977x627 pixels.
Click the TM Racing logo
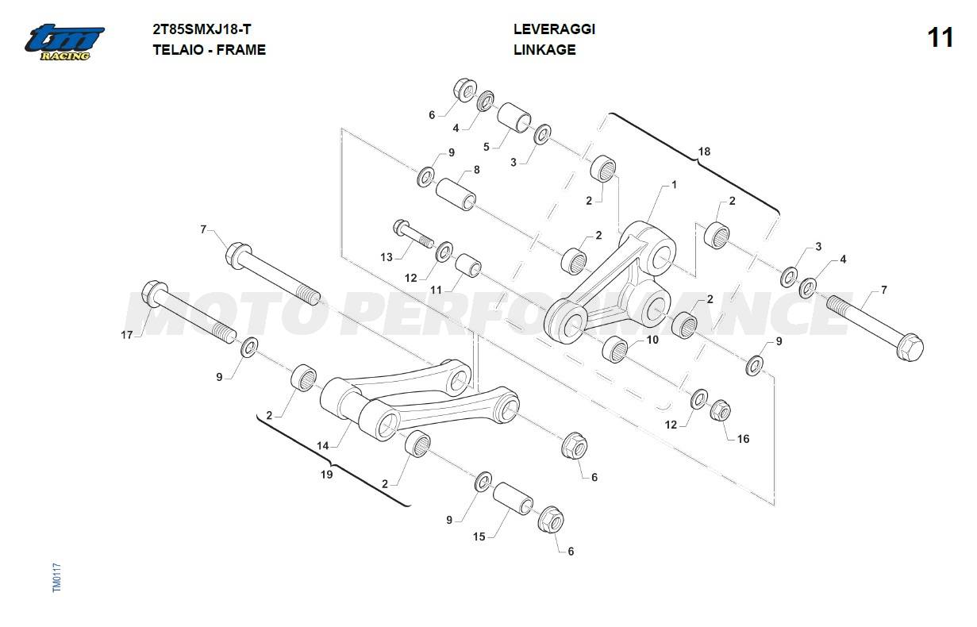pos(64,41)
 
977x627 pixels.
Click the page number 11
pos(940,37)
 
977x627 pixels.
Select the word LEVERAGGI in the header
pos(554,29)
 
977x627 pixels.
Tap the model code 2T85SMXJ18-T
pos(202,29)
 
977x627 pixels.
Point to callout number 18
pos(704,151)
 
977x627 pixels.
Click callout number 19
pos(326,475)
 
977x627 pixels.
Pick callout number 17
pos(127,334)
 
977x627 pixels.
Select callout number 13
pos(387,257)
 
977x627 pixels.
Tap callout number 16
pos(743,438)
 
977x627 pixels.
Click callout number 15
pos(479,537)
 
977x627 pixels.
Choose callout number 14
pos(323,446)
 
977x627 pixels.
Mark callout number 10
pos(652,340)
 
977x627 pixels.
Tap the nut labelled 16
pos(720,410)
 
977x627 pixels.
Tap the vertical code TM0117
pos(56,577)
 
